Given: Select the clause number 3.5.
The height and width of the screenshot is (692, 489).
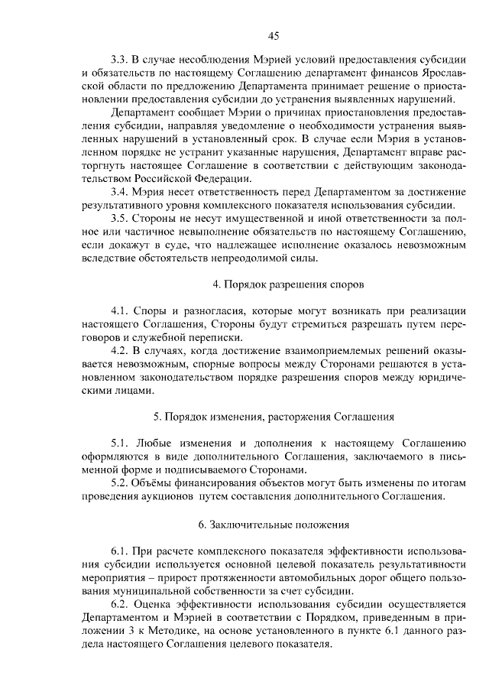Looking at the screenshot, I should [118, 217].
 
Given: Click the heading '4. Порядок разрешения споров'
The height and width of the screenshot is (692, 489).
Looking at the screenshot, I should [277, 284].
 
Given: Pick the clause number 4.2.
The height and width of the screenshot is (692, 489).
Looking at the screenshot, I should [118, 350].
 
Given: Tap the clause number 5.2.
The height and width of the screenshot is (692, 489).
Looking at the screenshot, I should [118, 482].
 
